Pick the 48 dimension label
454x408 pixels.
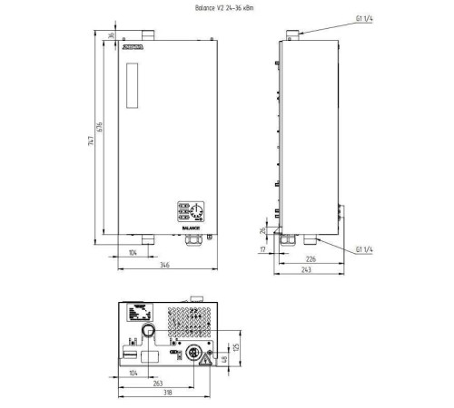click(224, 361)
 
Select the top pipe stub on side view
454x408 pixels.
click(291, 36)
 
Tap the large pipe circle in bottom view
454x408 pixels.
click(146, 337)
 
